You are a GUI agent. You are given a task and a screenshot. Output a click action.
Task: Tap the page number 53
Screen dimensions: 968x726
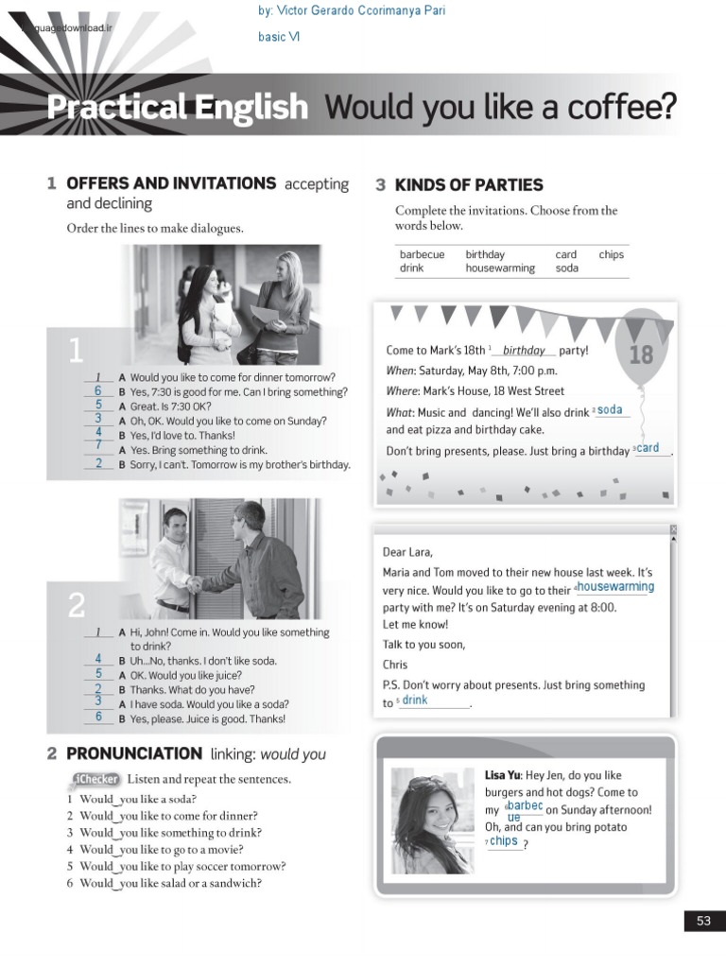pyautogui.click(x=703, y=921)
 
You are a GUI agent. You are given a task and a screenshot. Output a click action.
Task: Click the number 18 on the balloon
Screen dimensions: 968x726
pyautogui.click(x=640, y=354)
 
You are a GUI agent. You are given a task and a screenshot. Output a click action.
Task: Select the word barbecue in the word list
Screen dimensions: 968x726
pyautogui.click(x=422, y=254)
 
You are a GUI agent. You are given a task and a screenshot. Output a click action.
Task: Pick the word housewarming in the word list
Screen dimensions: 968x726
pyautogui.click(x=499, y=268)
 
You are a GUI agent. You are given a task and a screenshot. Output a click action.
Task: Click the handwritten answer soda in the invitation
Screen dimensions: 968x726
pyautogui.click(x=610, y=410)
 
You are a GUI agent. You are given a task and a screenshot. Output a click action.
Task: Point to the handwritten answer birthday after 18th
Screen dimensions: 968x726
pyautogui.click(x=524, y=351)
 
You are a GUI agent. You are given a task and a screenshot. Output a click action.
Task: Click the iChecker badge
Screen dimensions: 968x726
pyautogui.click(x=95, y=779)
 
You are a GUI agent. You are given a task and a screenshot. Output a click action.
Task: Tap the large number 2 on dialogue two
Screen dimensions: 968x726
pyautogui.click(x=77, y=605)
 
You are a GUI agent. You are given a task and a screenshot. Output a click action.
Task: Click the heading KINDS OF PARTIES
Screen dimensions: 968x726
pyautogui.click(x=469, y=185)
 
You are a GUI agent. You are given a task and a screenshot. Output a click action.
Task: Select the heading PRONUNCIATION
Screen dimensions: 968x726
pyautogui.click(x=134, y=753)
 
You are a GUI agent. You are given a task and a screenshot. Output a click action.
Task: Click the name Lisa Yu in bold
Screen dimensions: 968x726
pyautogui.click(x=502, y=775)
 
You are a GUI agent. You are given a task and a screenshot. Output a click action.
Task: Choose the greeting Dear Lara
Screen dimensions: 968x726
pyautogui.click(x=408, y=552)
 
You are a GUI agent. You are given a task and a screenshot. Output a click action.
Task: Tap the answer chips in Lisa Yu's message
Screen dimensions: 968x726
pyautogui.click(x=504, y=840)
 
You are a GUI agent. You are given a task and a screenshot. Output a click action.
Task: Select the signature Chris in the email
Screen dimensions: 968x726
pyautogui.click(x=395, y=665)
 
